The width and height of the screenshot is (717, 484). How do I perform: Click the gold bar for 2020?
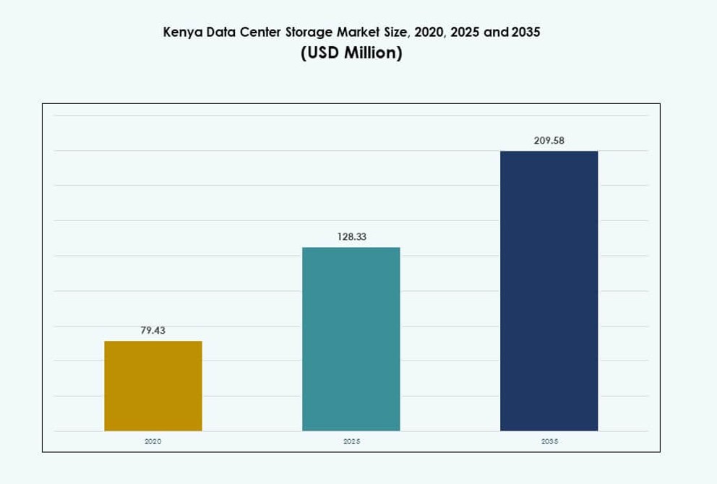[153, 386]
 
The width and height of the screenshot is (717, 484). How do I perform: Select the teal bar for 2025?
[351, 339]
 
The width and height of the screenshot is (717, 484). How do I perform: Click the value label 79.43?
[153, 330]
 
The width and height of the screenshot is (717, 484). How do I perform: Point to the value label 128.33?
[351, 236]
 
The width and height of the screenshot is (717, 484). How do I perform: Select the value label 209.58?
[549, 140]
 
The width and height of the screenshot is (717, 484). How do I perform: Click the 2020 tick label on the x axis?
[153, 441]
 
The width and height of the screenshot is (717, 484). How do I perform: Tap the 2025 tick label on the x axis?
[351, 441]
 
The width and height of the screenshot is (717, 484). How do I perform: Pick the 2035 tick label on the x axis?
[549, 441]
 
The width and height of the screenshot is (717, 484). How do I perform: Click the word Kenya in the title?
[181, 33]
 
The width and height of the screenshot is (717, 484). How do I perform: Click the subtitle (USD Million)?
[351, 54]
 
